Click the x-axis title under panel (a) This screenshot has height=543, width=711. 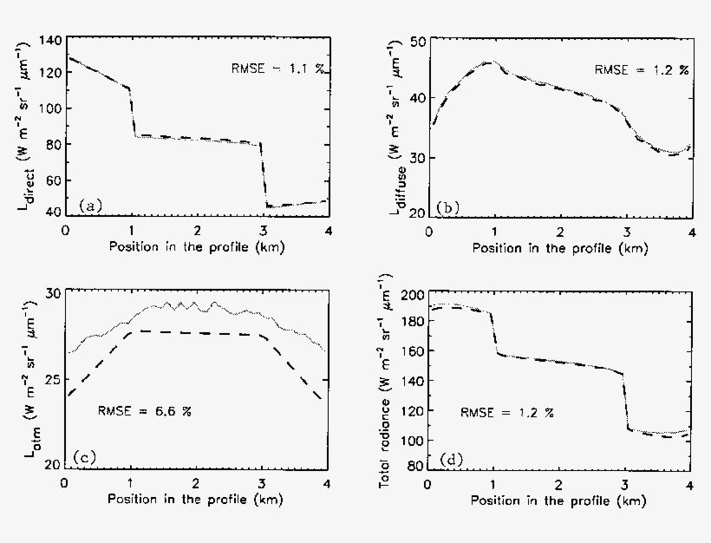point(196,247)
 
